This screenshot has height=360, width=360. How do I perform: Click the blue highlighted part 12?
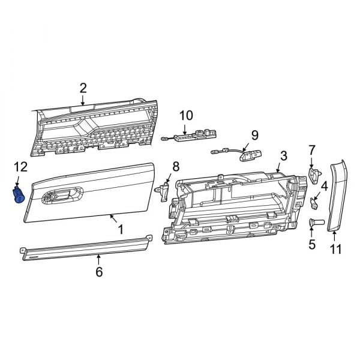(x=19, y=196)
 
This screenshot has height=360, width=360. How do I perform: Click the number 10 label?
(x=186, y=115)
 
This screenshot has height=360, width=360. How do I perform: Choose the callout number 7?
(x=312, y=149)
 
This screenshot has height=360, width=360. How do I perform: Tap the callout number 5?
(x=312, y=244)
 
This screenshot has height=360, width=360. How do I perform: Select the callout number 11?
(x=336, y=250)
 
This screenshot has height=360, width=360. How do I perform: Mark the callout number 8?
(x=176, y=166)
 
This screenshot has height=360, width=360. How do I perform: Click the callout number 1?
(x=120, y=229)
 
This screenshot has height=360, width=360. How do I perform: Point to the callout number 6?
(x=99, y=272)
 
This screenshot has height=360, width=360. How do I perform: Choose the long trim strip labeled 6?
(x=84, y=247)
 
